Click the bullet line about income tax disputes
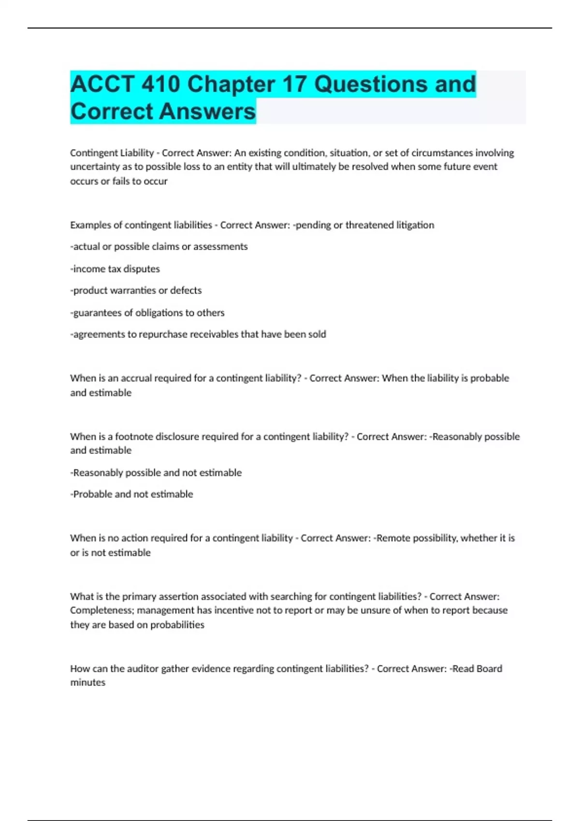pyautogui.click(x=115, y=269)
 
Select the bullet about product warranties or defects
pyautogui.click(x=136, y=291)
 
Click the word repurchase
pyautogui.click(x=163, y=334)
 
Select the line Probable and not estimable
pyautogui.click(x=131, y=494)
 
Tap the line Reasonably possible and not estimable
pyautogui.click(x=156, y=473)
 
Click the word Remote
pyautogui.click(x=392, y=538)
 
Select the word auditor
pyautogui.click(x=143, y=669)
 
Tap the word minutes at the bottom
pyautogui.click(x=87, y=683)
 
